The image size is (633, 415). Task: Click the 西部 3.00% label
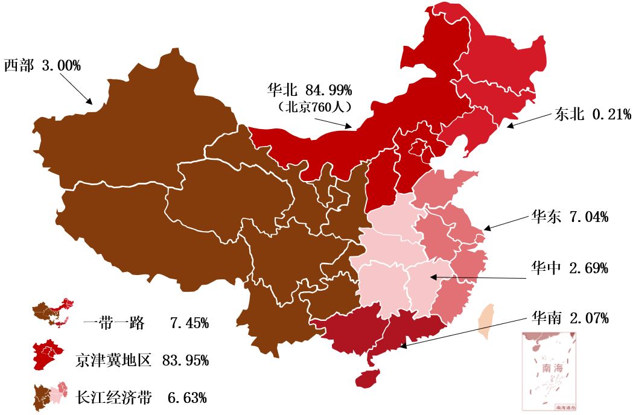[42, 66]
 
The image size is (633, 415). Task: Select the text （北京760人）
[311, 107]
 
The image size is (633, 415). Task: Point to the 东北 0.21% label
[593, 114]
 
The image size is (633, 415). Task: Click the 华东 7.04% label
[569, 217]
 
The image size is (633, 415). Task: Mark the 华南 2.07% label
[569, 317]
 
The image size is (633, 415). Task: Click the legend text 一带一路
[114, 323]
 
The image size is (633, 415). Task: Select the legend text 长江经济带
[114, 398]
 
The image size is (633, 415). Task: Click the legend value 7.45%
[189, 323]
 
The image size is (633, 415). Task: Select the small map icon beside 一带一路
[53, 313]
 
